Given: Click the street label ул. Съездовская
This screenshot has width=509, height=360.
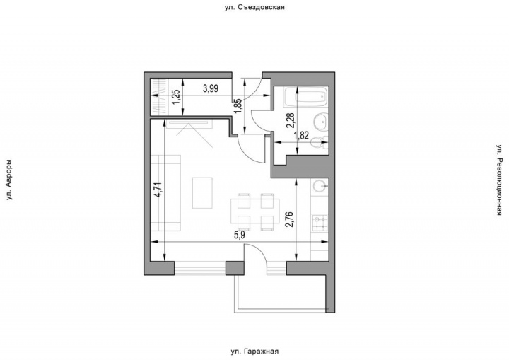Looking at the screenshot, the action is tap(255, 7).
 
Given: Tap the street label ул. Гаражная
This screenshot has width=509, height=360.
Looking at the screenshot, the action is tap(255, 352).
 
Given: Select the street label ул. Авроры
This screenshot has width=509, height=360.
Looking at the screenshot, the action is tap(9, 180).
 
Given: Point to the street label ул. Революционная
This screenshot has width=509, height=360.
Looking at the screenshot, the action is tap(499, 180).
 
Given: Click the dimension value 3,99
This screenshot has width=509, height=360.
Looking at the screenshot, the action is tap(211, 88).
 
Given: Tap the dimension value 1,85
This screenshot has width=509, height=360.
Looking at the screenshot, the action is tap(239, 105).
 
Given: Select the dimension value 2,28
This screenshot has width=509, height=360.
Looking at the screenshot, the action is tap(291, 121).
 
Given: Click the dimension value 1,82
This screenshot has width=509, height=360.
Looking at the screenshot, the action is tap(301, 136).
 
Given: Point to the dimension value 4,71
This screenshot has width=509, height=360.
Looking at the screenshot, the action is tap(159, 190).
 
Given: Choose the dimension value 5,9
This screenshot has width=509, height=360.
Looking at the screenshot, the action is tap(240, 236).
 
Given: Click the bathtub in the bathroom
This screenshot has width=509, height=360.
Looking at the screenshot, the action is tap(305, 96).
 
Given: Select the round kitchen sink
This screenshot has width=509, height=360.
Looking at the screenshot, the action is tap(320, 187).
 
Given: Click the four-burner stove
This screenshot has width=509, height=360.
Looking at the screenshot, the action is tap(320, 223).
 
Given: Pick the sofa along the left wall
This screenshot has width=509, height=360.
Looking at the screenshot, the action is tap(165, 192).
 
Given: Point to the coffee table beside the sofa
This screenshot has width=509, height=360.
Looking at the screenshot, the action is tap(202, 193).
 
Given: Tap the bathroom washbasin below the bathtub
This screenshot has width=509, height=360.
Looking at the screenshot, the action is tap(321, 122).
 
